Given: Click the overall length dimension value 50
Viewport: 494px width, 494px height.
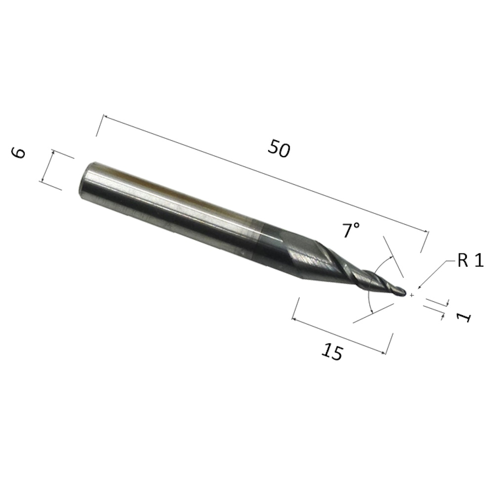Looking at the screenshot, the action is [x=279, y=148].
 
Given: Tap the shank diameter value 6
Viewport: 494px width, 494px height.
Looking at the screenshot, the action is [x=19, y=153].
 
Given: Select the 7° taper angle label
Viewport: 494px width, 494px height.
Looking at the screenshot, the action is [x=350, y=230].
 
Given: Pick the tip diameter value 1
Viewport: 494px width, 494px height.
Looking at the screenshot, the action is [x=464, y=318].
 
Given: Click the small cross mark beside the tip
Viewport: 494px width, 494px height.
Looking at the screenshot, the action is [x=412, y=295].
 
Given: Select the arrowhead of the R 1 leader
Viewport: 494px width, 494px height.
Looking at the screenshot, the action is [x=419, y=287].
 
